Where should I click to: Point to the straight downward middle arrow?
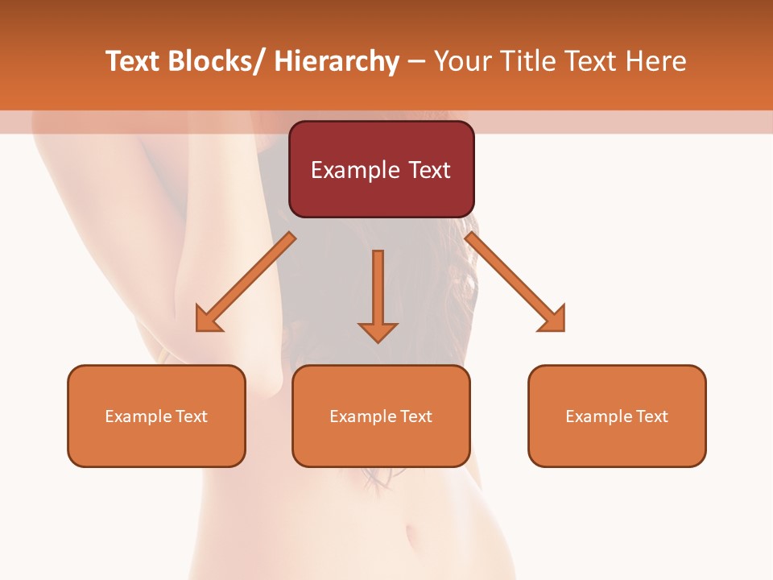[378, 294]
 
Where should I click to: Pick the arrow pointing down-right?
[515, 282]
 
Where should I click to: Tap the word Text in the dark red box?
[428, 170]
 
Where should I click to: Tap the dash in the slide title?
[416, 62]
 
